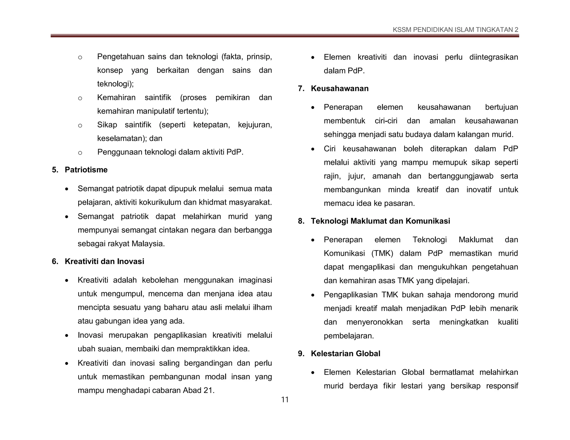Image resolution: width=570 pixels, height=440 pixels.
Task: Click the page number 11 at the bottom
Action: click(285, 400)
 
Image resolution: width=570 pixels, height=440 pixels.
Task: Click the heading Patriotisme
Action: click(86, 170)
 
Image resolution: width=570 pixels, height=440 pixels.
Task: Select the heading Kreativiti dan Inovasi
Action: click(104, 261)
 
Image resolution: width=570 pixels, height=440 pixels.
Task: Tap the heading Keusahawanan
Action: click(340, 88)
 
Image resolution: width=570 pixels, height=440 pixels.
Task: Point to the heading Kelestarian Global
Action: click(345, 354)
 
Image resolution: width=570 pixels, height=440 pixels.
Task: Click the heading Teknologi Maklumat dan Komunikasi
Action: click(380, 221)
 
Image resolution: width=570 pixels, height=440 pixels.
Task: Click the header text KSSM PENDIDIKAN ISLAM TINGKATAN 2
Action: click(455, 30)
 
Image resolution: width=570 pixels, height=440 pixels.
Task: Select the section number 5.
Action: click(55, 170)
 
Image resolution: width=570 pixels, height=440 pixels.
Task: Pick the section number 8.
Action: click(301, 221)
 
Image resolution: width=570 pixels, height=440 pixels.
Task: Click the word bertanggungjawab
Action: click(461, 176)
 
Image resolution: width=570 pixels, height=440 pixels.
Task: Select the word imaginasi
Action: click(255, 280)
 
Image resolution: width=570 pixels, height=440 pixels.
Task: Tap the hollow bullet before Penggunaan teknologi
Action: click(80, 153)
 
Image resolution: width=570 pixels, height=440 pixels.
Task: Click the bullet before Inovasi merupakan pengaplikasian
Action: click(67, 336)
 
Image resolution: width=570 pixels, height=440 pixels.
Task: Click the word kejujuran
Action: click(254, 125)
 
